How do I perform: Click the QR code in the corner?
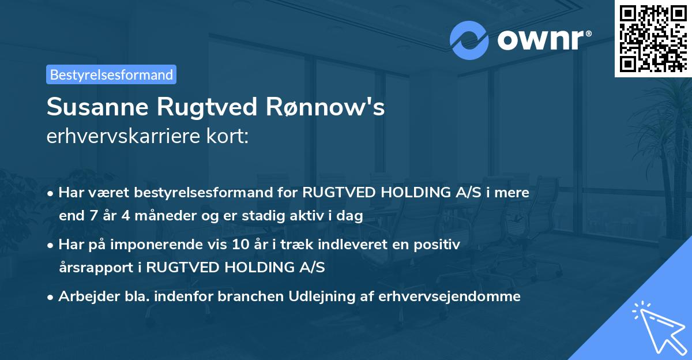653,38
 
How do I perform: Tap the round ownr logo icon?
469,40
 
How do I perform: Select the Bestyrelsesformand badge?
111,74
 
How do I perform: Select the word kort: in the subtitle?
231,136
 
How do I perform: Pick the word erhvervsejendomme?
449,297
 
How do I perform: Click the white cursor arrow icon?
657,327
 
